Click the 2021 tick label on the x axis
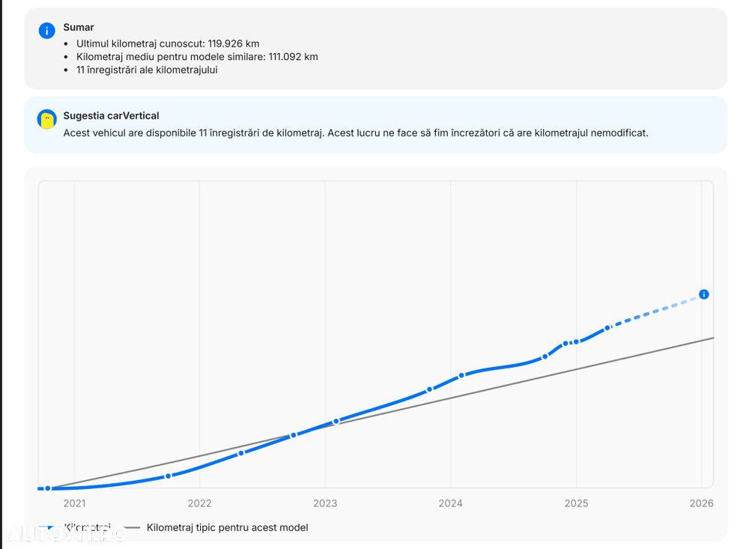tap(74, 503)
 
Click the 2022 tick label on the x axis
tap(199, 503)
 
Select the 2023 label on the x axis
tap(325, 503)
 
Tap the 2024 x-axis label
tap(450, 503)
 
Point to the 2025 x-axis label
tap(576, 503)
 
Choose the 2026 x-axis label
tap(701, 503)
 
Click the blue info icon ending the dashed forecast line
tap(703, 294)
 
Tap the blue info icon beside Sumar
tap(46, 30)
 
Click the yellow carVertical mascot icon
tap(47, 118)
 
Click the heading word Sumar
tap(79, 27)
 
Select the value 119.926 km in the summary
tap(231, 43)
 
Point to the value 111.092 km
tap(293, 57)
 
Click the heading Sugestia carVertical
tap(111, 115)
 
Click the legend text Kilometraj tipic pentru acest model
tap(227, 527)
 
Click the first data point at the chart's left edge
tap(48, 488)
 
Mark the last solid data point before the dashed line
tap(607, 327)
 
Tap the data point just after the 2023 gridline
tap(336, 421)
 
